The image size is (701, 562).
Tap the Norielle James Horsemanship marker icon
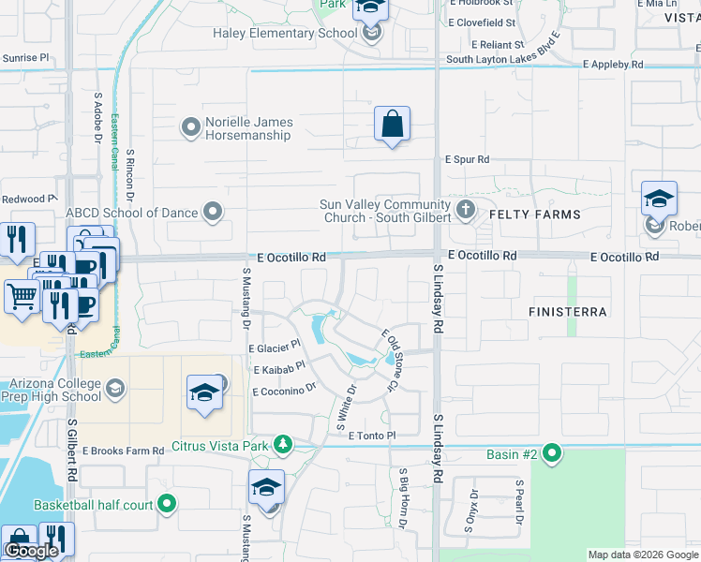pyautogui.click(x=191, y=126)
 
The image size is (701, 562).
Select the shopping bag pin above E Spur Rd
pyautogui.click(x=393, y=124)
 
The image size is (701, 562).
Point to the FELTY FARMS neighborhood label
pyautogui.click(x=535, y=214)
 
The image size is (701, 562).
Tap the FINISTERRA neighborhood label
pyautogui.click(x=568, y=311)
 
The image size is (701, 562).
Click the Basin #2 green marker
pyautogui.click(x=552, y=454)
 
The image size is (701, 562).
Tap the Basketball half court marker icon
pyautogui.click(x=167, y=505)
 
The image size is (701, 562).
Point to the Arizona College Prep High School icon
pyautogui.click(x=114, y=387)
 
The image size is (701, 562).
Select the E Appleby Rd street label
pyautogui.click(x=613, y=66)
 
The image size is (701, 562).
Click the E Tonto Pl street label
pyautogui.click(x=373, y=436)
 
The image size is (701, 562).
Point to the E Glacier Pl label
pyautogui.click(x=274, y=347)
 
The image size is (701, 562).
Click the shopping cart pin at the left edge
pyautogui.click(x=22, y=296)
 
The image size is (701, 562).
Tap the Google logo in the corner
pyautogui.click(x=31, y=551)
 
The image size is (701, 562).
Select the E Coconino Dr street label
pyautogui.click(x=285, y=389)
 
